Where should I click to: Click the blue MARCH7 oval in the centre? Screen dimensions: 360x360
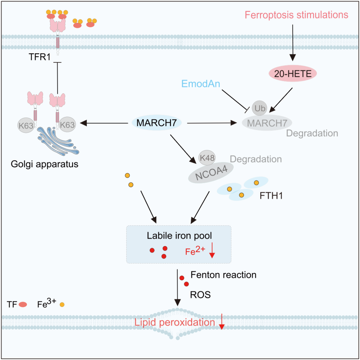[x=157, y=123]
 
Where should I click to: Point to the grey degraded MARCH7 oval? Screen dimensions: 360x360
[x=267, y=123]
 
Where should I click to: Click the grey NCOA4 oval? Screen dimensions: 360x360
[x=210, y=173]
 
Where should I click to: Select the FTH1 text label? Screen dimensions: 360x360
[x=271, y=195]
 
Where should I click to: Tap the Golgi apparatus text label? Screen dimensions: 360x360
[x=44, y=164]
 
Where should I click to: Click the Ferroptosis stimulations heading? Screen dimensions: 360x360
[x=296, y=15]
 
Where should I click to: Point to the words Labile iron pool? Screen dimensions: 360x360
[x=179, y=236]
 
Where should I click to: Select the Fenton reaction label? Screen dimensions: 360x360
[x=223, y=275]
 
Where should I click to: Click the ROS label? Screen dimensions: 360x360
[x=200, y=295]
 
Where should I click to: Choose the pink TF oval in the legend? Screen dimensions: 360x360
[x=23, y=304]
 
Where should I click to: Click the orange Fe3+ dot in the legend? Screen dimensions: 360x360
[x=62, y=304]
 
